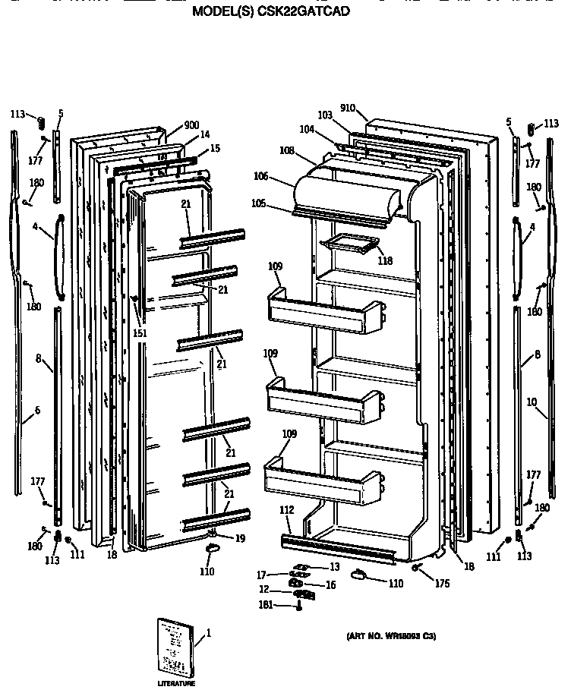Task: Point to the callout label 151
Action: [x=139, y=332]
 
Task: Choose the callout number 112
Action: [x=286, y=510]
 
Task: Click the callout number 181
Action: [x=266, y=606]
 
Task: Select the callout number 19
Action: [x=240, y=538]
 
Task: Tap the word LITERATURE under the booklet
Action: [x=176, y=684]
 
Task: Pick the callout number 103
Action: [x=324, y=115]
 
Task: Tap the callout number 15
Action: [x=215, y=149]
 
